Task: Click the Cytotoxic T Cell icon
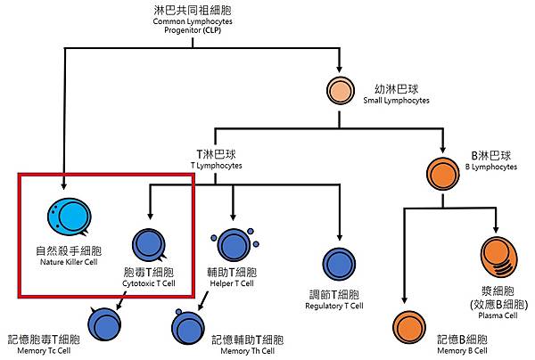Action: tap(149, 244)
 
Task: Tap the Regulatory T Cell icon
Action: tap(340, 264)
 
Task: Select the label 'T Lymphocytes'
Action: tap(218, 167)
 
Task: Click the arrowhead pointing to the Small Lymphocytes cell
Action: tap(340, 70)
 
